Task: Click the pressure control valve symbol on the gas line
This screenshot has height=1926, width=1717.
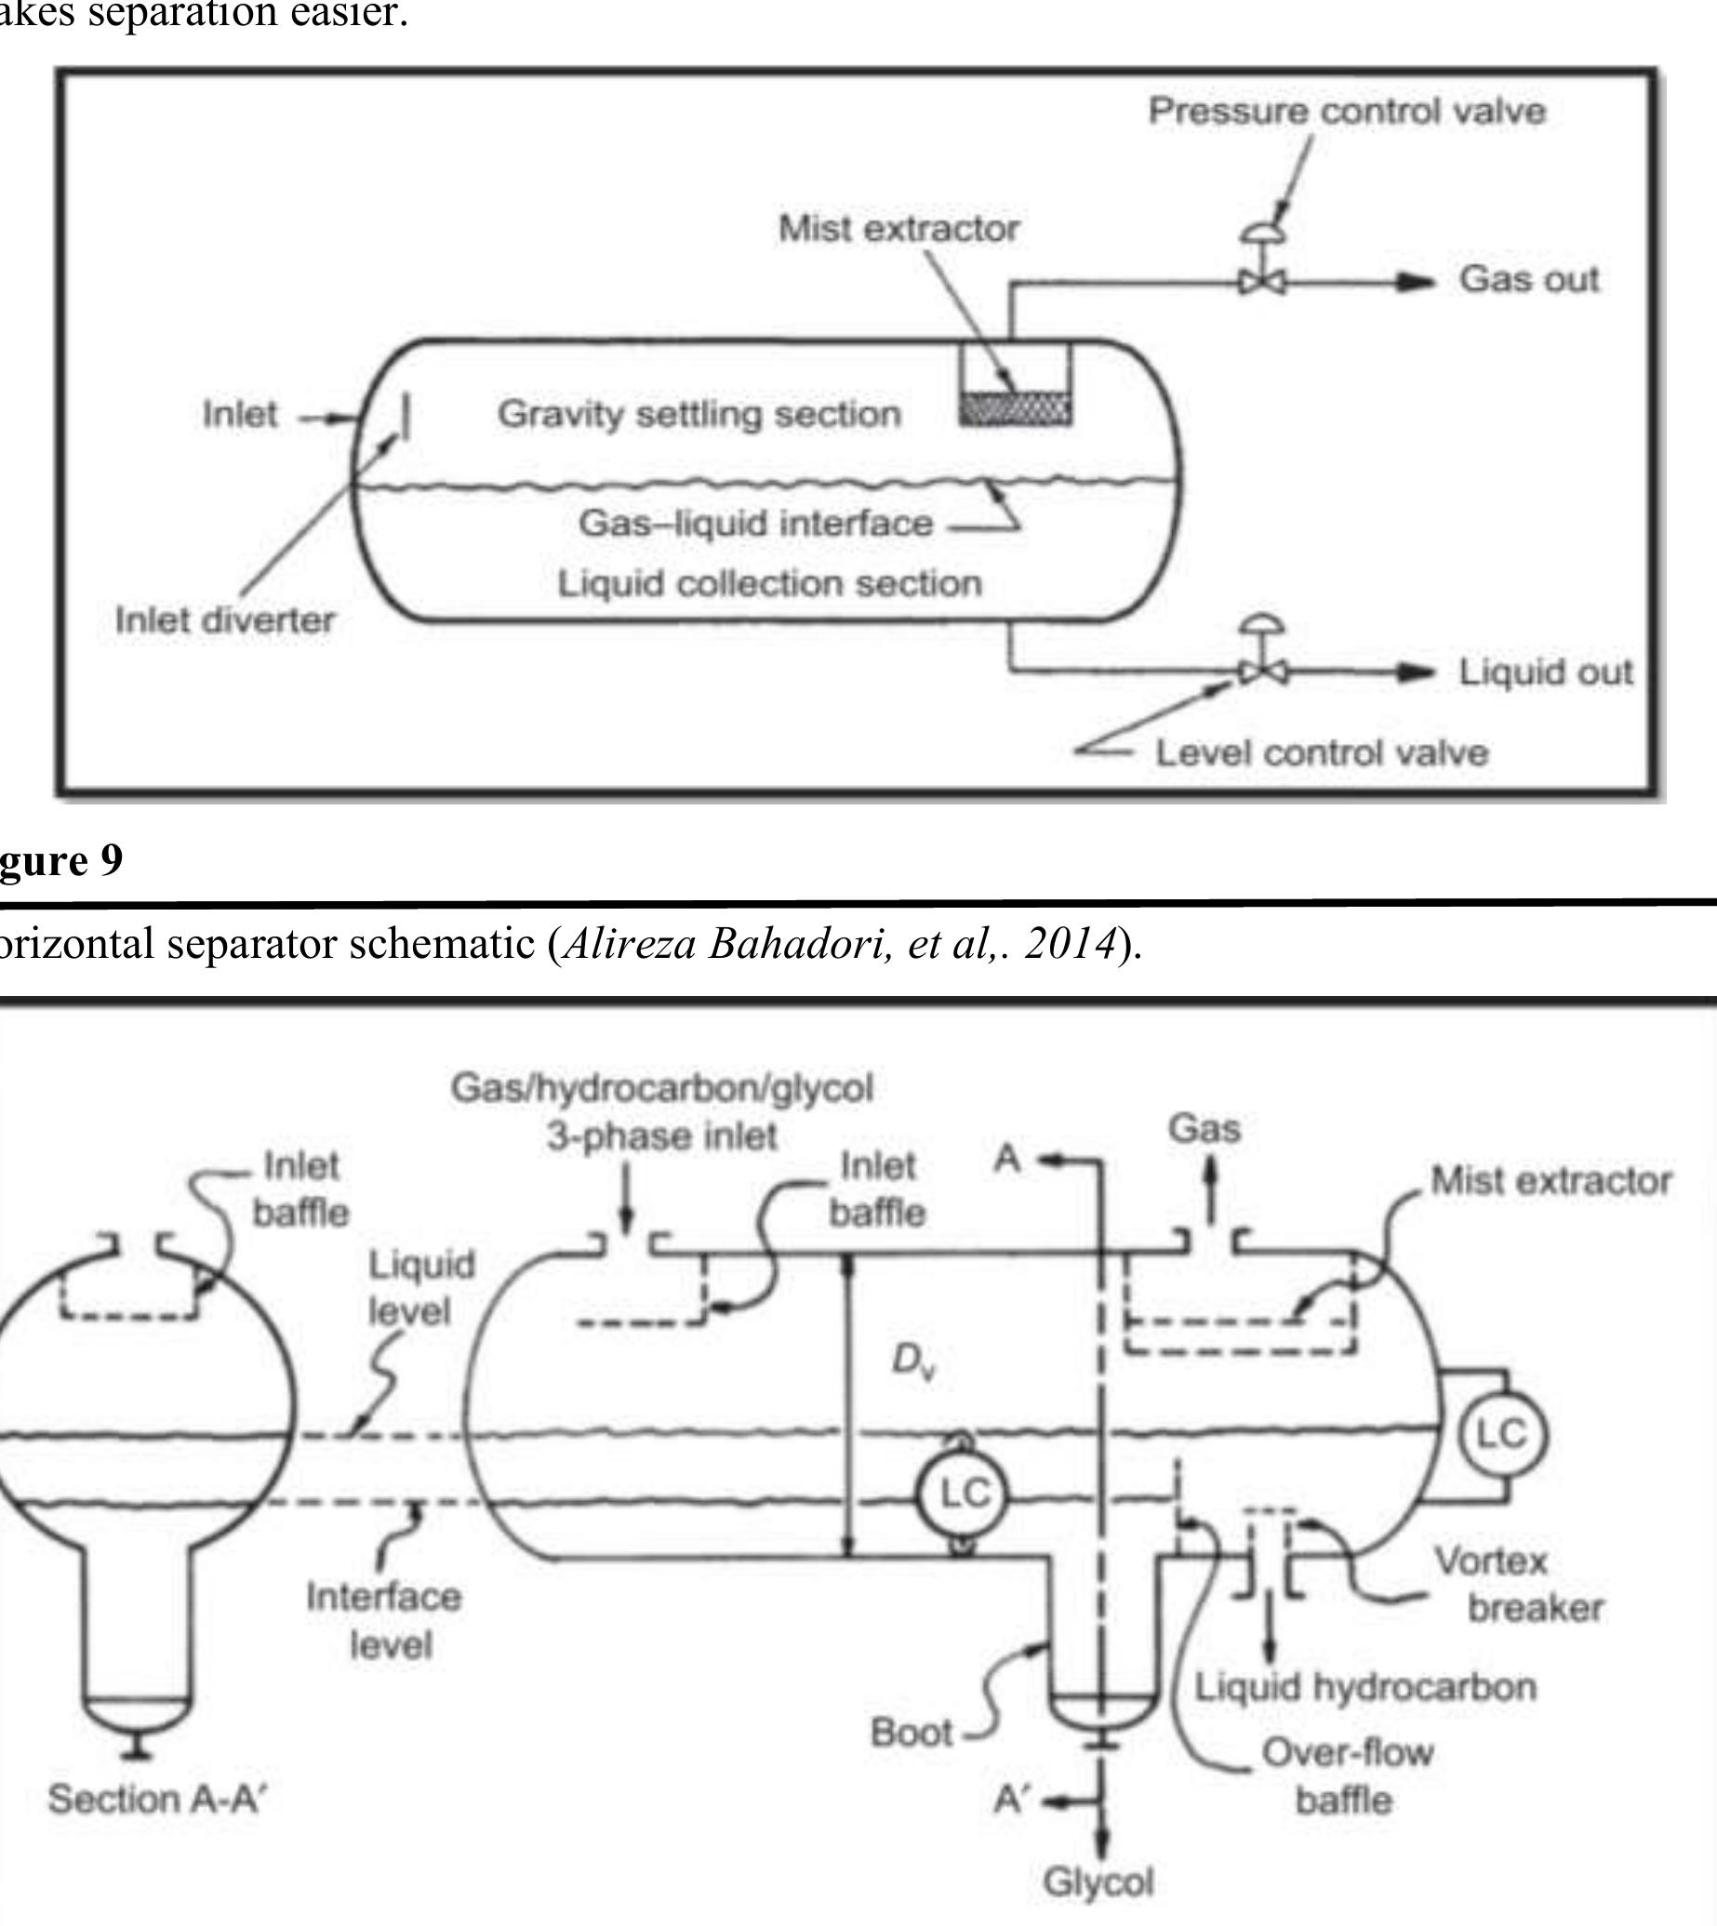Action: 1261,280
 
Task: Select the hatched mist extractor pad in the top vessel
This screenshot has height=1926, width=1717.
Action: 1015,409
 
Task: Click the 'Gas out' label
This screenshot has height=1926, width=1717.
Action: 1528,279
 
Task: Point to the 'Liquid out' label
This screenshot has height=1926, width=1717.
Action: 1544,671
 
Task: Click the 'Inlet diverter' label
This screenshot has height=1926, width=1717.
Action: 224,619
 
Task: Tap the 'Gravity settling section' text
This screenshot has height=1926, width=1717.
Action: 699,413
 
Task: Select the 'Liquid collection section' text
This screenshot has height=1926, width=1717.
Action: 769,583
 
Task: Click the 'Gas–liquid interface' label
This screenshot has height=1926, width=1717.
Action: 755,523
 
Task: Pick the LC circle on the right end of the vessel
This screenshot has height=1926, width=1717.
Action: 1502,1434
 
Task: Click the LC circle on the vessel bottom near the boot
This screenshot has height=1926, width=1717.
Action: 964,1493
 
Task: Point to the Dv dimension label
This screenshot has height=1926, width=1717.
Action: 912,1361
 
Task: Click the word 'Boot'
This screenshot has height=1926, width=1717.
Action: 911,1732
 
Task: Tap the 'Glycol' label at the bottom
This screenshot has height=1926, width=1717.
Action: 1098,1881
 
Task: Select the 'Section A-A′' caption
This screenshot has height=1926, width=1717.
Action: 157,1799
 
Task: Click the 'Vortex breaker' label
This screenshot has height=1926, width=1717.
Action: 1516,1584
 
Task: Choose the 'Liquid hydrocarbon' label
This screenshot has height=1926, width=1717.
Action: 1365,1686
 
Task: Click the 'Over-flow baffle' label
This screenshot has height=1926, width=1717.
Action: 1346,1776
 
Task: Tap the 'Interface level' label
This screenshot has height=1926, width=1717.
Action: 384,1620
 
